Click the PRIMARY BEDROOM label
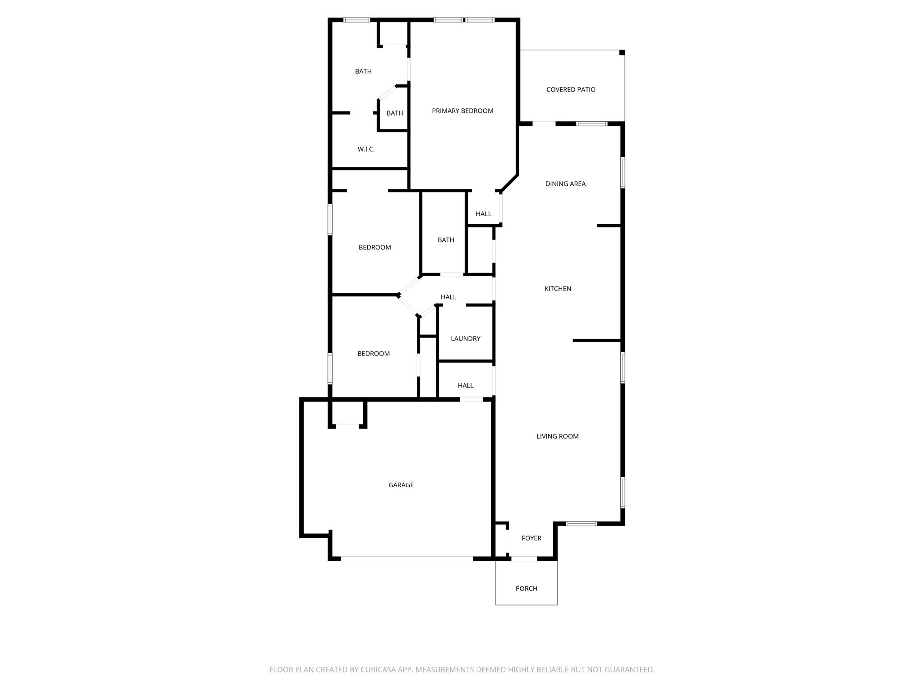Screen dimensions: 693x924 [x=462, y=111]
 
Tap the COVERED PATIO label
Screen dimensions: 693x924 [x=571, y=90]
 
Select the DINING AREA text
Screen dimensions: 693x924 [x=565, y=184]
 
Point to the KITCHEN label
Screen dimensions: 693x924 [x=558, y=289]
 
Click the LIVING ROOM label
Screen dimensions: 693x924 [x=557, y=436]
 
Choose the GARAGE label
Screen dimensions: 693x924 [x=401, y=485]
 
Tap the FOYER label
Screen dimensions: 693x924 [x=531, y=538]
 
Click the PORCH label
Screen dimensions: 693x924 [x=526, y=589]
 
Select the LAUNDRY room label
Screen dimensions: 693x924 [x=465, y=339]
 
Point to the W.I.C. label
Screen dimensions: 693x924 [x=366, y=149]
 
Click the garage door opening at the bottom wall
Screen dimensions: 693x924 [x=407, y=559]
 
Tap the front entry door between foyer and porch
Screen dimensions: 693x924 [x=524, y=559]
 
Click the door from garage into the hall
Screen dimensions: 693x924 [x=471, y=399]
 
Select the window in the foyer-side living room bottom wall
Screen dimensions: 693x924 [x=581, y=524]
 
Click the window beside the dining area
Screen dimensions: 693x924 [x=623, y=172]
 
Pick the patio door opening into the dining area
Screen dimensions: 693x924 [x=544, y=124]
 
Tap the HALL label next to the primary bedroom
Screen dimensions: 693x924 [x=483, y=214]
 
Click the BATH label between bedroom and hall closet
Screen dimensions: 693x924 [x=446, y=240]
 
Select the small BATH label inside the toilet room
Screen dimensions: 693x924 [x=394, y=113]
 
